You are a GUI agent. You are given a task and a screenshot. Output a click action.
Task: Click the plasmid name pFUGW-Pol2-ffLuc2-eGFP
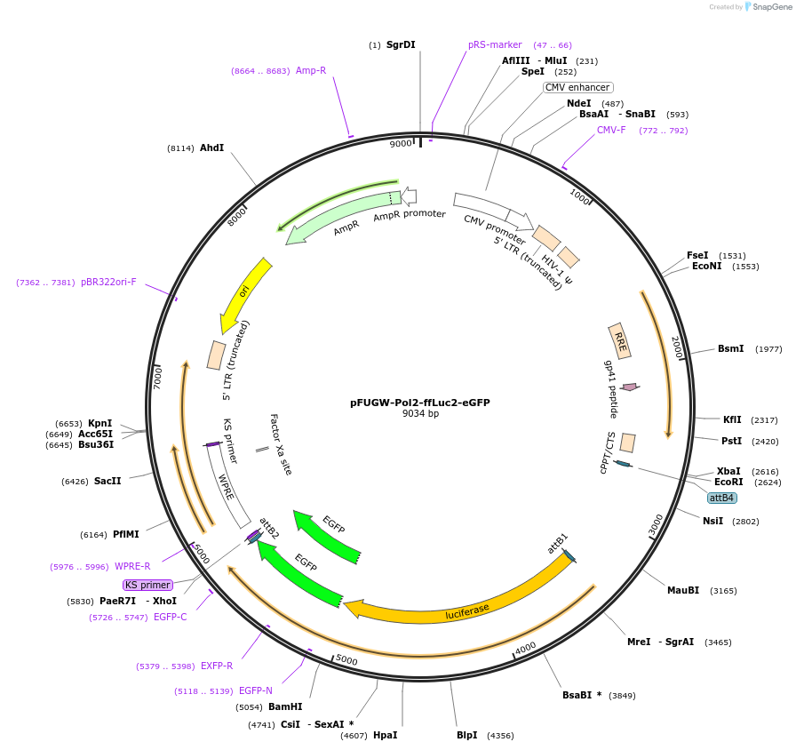pyautogui.click(x=419, y=403)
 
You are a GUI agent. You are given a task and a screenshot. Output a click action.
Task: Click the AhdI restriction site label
pyautogui.click(x=211, y=148)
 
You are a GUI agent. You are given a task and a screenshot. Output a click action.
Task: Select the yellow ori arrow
pyautogui.click(x=245, y=294)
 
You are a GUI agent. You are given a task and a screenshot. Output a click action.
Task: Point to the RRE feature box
pyautogui.click(x=620, y=342)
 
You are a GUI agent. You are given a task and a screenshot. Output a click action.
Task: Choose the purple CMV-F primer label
pyautogui.click(x=611, y=130)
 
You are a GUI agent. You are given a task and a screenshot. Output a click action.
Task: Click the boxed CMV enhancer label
pyautogui.click(x=577, y=87)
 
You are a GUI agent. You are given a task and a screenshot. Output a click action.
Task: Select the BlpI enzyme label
pyautogui.click(x=466, y=735)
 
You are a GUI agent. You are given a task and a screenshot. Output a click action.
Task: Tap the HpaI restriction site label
pyautogui.click(x=385, y=735)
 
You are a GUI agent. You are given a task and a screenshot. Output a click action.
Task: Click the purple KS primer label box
pyautogui.click(x=147, y=585)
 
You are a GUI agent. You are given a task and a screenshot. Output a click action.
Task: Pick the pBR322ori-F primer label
pyautogui.click(x=108, y=283)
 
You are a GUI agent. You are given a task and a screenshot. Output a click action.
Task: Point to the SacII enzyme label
pyautogui.click(x=107, y=481)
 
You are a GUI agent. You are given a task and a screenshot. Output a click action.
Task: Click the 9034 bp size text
pyautogui.click(x=420, y=414)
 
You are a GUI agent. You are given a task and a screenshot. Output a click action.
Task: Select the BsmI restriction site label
pyautogui.click(x=730, y=348)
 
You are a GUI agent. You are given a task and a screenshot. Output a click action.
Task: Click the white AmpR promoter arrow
pyautogui.click(x=408, y=195)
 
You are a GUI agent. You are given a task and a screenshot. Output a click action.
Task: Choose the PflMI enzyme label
pyautogui.click(x=125, y=534)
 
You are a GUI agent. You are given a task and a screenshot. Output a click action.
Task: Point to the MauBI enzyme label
pyautogui.click(x=682, y=590)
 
